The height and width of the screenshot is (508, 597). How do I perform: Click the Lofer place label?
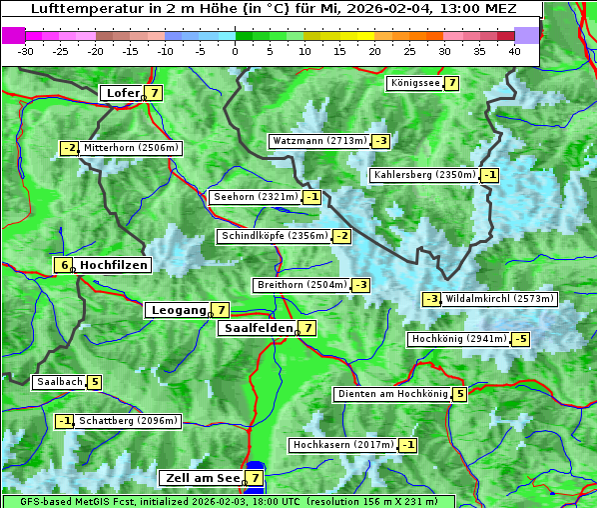point(122,93)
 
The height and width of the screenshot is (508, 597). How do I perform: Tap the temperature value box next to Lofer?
point(154,93)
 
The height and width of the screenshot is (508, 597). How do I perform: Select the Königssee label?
point(414,83)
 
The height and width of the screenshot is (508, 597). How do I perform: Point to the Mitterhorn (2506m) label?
point(132,148)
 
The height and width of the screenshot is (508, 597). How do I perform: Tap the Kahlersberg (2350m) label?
point(424,175)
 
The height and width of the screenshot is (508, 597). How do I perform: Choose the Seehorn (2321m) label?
point(256,197)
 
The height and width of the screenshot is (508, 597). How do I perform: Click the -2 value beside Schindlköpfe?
point(341,236)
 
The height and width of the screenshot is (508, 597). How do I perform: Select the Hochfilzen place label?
point(114,265)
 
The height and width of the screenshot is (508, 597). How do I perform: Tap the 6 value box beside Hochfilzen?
point(64,265)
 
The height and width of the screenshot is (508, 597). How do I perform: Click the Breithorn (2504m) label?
point(300,285)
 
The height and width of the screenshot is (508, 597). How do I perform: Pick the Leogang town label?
point(178,310)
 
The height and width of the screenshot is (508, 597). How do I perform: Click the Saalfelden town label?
point(258,327)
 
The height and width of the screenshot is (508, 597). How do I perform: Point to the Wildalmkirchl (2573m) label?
point(499,299)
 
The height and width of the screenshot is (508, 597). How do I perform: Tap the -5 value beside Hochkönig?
point(520,339)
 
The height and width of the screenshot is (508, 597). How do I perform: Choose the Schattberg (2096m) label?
point(129,421)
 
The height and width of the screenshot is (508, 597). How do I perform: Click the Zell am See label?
point(201,478)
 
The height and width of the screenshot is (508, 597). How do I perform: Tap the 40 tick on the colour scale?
point(514,50)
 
